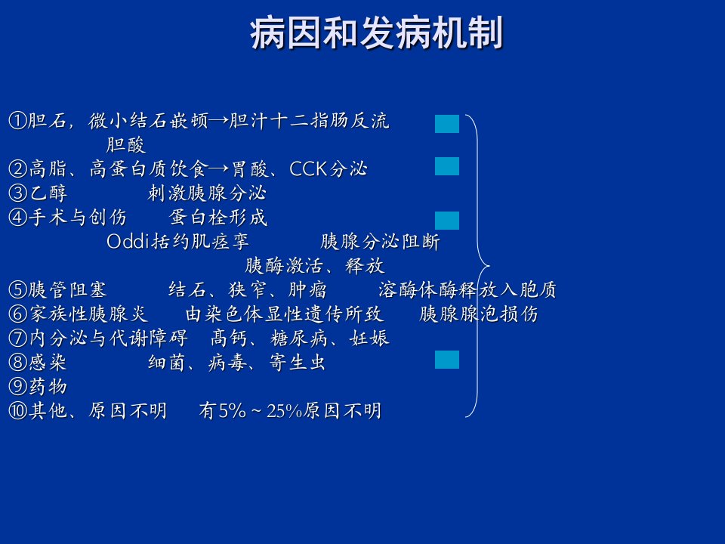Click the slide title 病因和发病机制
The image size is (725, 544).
point(376,33)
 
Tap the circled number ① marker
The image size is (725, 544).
point(17,121)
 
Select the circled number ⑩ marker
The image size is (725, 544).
point(17,411)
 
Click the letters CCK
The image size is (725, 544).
point(308,168)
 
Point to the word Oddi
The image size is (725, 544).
point(128,241)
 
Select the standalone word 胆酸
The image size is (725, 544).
point(126,145)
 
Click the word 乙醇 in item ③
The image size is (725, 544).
point(48,193)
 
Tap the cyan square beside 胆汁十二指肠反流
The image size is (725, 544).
point(446,124)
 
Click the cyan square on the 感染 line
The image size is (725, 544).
point(446,360)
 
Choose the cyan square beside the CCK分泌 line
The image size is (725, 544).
point(446,166)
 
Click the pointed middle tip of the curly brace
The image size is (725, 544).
point(489,266)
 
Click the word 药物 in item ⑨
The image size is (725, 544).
point(48,387)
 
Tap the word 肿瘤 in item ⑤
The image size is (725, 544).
point(307,290)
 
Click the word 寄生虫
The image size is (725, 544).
point(297,362)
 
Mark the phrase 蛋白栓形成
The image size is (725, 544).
point(218,217)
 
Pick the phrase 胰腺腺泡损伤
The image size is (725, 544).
point(479,314)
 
